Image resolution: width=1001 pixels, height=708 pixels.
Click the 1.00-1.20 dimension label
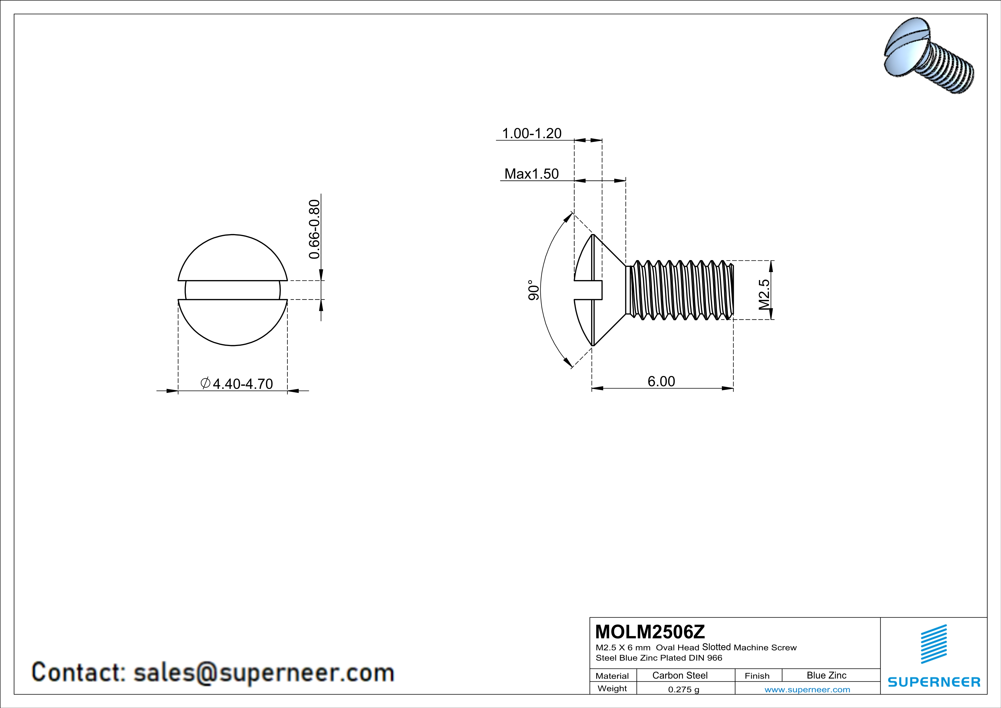[531, 133]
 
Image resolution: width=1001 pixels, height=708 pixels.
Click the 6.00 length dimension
[661, 381]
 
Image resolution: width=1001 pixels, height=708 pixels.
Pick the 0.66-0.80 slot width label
[314, 229]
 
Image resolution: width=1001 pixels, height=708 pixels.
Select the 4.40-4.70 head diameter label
[242, 384]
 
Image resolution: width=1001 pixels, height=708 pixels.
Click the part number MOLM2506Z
[650, 632]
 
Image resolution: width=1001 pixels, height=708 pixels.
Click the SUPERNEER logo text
[934, 682]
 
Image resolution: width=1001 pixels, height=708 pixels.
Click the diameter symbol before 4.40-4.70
[205, 383]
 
